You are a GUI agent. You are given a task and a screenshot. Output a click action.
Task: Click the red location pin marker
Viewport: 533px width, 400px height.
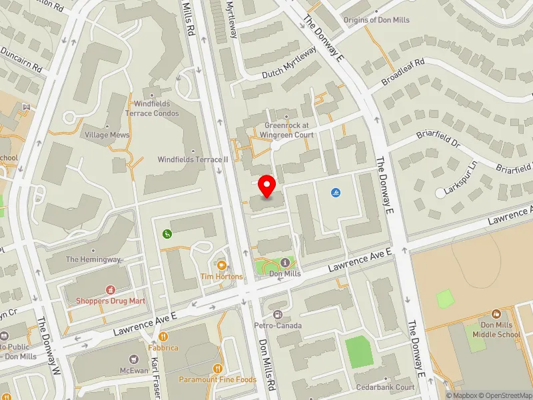click(267, 186)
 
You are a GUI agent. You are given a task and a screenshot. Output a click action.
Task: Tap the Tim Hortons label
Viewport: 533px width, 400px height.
click(221, 276)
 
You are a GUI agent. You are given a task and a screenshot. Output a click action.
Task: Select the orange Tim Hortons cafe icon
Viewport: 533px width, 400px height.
click(221, 265)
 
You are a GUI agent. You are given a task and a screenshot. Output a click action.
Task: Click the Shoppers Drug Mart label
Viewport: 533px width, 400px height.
click(110, 301)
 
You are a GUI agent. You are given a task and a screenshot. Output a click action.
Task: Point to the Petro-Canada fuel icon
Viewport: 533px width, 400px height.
click(278, 315)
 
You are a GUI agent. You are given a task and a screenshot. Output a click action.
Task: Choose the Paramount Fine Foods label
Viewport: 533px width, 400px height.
click(217, 379)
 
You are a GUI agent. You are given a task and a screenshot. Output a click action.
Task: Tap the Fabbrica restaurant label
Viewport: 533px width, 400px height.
click(163, 348)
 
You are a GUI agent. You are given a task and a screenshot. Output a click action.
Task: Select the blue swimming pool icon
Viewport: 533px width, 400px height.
click(335, 193)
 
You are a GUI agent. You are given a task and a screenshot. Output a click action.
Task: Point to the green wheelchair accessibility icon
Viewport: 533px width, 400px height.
click(167, 233)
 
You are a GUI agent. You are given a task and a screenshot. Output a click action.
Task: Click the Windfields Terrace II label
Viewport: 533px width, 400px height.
click(193, 159)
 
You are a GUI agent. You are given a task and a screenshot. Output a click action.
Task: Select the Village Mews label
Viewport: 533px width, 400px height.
click(107, 134)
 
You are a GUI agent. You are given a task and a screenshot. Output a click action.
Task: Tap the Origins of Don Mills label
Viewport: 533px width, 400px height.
click(376, 20)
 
